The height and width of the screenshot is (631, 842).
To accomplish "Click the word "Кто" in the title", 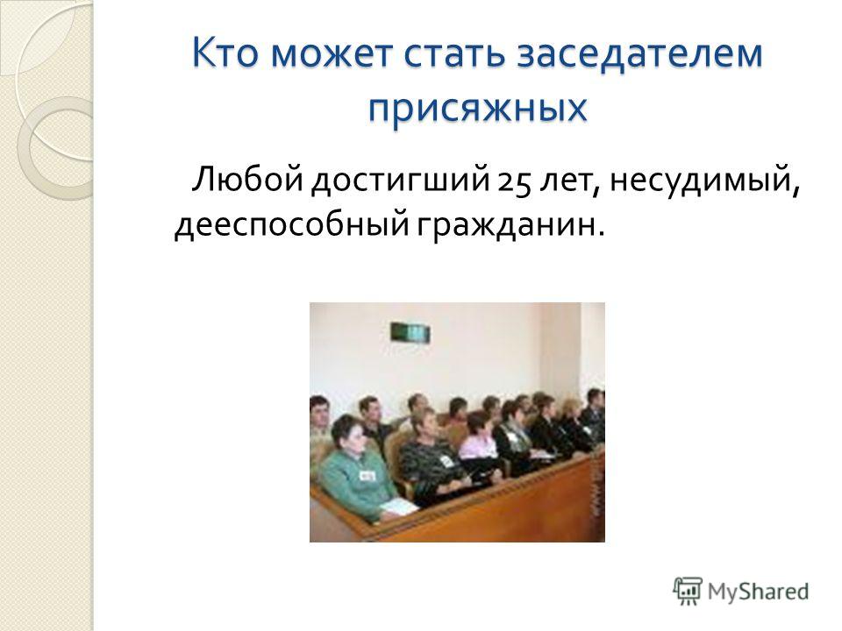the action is (226, 53).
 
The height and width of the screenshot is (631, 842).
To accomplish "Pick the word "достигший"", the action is (401, 181).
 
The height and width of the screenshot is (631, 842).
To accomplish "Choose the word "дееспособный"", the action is (291, 223).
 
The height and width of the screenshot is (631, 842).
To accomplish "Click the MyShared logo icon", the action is (688, 592).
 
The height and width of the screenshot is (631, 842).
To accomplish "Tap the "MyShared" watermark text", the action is (758, 592).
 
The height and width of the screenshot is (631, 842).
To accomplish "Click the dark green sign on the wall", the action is (410, 333).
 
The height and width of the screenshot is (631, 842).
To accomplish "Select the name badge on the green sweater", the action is (367, 475).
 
